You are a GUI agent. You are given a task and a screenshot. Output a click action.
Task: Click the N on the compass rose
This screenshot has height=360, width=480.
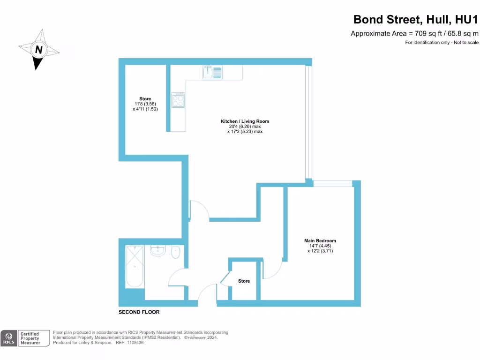coord(39,49)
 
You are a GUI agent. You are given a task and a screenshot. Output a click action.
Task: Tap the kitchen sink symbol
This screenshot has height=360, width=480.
coord(212,72)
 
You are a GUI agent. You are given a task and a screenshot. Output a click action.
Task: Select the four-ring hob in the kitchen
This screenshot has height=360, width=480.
coord(178,99)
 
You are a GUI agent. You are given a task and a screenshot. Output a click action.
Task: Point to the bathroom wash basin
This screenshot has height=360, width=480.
coord(158,251)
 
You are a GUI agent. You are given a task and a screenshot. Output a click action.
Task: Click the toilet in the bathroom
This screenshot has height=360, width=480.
coord(176,252)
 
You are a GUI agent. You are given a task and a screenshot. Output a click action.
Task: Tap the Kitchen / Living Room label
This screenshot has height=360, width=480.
coord(245,121)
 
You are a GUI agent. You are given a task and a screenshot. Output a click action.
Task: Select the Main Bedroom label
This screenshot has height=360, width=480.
coord(320,241)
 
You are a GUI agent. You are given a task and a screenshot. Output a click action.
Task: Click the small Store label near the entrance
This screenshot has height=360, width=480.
coord(244,281)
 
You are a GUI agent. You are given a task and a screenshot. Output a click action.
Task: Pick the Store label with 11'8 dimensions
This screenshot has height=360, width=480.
coord(145,99)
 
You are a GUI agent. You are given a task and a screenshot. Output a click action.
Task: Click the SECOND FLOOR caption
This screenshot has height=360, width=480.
coord(139,312)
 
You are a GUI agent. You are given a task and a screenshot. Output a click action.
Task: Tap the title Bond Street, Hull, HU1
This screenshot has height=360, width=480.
coord(415,20)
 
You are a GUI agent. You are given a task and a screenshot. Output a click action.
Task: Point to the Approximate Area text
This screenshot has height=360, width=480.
coord(414,33)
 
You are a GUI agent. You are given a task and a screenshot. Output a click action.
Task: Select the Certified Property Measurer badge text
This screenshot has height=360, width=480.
coord(34,338)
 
